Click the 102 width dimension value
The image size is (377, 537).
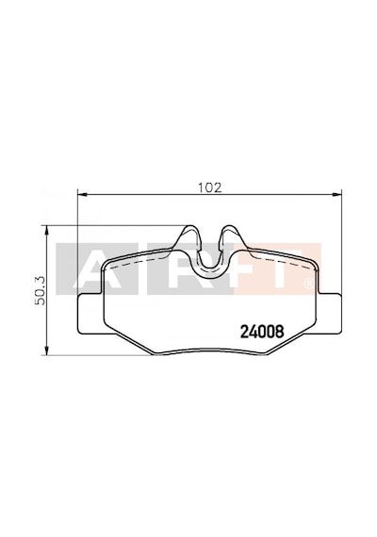(x=210, y=187)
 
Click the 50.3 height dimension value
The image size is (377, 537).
(x=41, y=291)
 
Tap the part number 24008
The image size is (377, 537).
(x=262, y=332)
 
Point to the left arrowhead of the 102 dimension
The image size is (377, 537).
(x=83, y=194)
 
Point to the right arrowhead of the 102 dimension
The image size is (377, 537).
(x=337, y=194)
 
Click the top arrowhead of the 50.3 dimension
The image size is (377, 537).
(x=46, y=230)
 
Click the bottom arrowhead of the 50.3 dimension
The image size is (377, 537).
(x=46, y=350)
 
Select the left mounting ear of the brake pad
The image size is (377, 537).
(x=90, y=314)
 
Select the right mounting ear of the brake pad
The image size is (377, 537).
(x=330, y=314)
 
